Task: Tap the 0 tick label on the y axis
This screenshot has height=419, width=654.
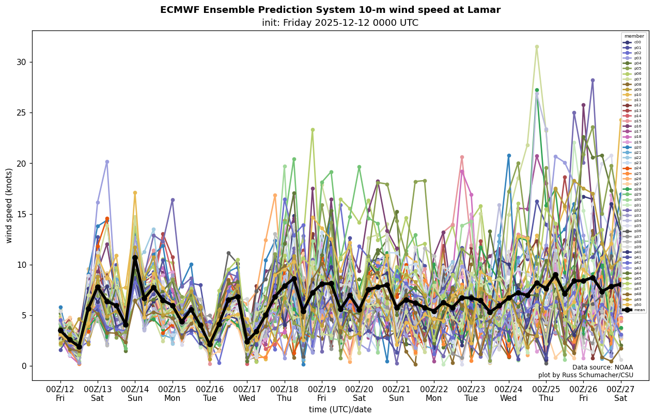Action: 24,366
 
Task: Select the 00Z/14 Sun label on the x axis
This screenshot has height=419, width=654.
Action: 135,394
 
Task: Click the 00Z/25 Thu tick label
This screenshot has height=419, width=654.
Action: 546,394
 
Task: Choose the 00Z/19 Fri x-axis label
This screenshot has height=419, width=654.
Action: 322,394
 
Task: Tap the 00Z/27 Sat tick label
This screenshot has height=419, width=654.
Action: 621,394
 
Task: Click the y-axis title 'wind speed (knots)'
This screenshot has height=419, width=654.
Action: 9,205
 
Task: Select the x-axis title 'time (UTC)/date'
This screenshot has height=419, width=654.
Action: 340,410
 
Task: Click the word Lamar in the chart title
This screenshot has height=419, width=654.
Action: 485,10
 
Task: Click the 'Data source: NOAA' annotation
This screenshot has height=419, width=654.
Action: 602,367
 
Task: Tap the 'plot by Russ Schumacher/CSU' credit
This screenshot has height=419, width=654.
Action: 585,375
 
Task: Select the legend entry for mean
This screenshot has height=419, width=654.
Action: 634,310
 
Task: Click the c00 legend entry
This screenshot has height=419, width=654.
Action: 634,42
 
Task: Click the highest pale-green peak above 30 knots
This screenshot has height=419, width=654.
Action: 537,47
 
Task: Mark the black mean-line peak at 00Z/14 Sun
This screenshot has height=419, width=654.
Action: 135,257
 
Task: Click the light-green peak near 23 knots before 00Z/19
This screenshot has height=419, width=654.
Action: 313,130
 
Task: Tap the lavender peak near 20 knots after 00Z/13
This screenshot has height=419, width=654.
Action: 107,162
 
